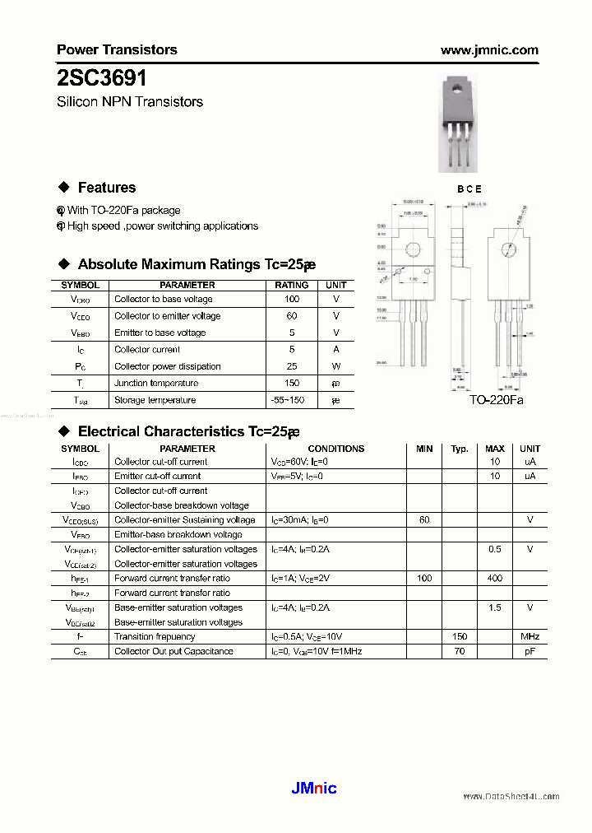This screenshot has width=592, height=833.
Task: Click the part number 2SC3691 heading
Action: coord(102,78)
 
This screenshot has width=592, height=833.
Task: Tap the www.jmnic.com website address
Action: coord(489,50)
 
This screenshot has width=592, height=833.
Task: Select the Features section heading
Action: coord(106,188)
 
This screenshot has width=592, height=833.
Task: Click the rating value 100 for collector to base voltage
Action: coord(291,300)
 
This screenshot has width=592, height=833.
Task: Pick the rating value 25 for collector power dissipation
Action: coord(291,366)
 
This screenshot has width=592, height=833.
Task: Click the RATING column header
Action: coord(291,285)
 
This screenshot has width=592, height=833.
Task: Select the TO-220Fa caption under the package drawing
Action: coord(496,400)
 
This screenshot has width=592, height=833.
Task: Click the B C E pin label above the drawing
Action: coord(469,189)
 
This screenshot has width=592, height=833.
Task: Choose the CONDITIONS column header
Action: coord(335,449)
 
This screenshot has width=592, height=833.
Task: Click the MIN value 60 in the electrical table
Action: coord(424,520)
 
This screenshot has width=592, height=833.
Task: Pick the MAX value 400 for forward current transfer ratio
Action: coord(494,579)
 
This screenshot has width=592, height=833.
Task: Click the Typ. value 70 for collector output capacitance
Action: coord(459,651)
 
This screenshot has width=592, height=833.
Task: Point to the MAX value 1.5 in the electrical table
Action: coord(494,607)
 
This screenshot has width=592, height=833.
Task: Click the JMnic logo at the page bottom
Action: coord(313,789)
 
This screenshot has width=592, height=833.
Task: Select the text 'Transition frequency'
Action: coord(155,636)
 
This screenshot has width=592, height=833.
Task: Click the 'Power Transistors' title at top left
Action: coord(117,50)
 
